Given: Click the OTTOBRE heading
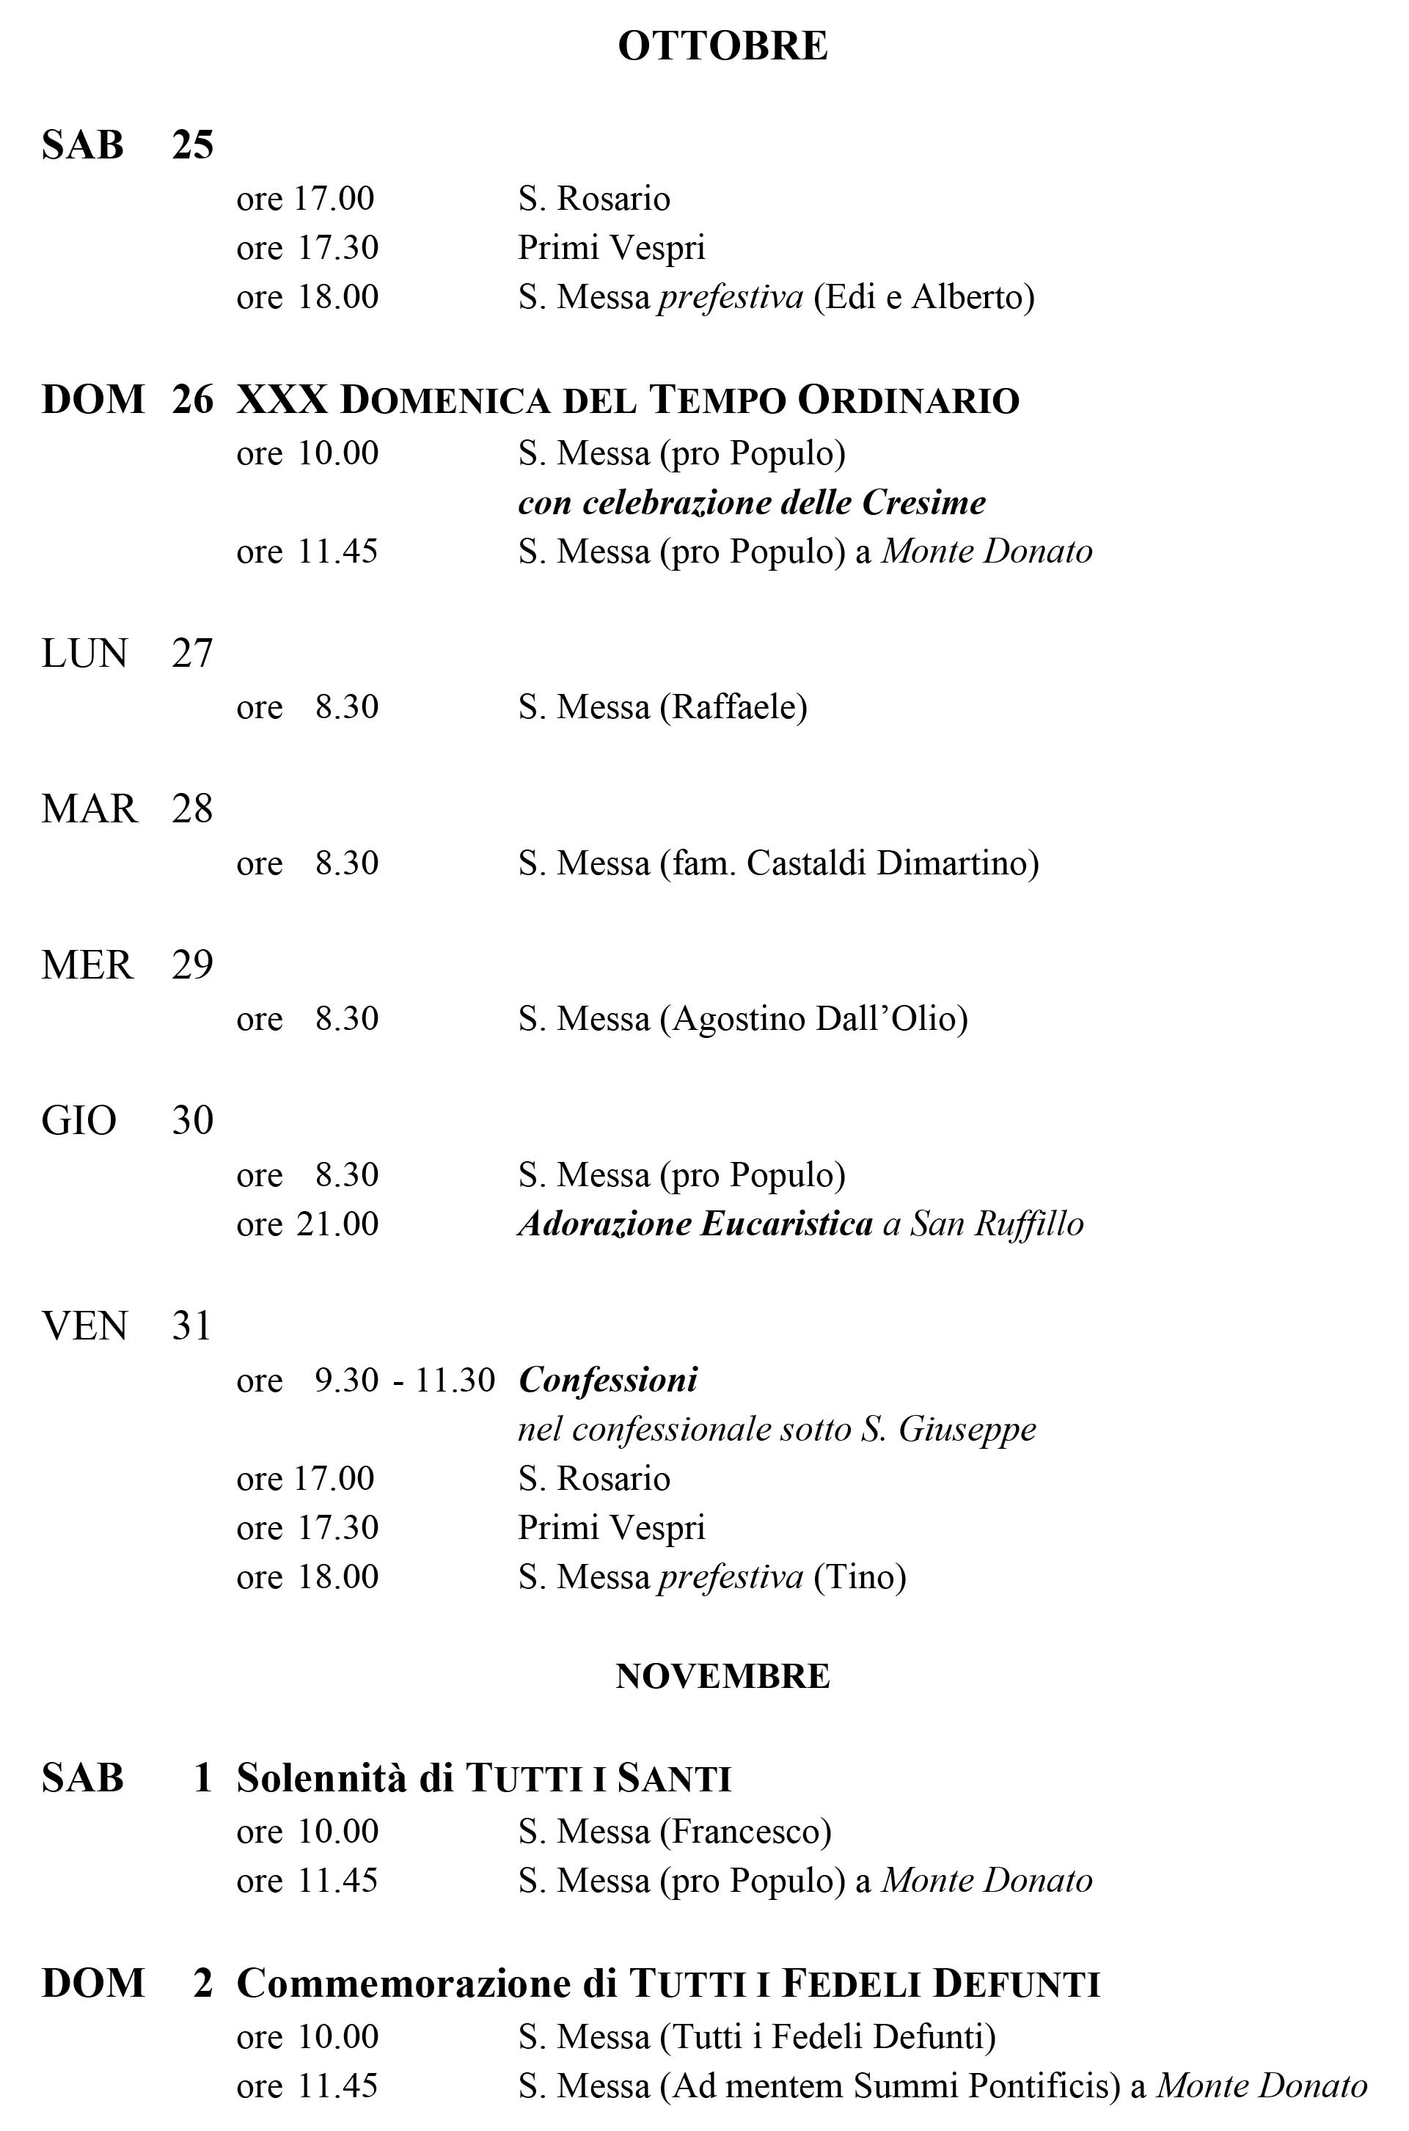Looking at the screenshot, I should [x=722, y=45].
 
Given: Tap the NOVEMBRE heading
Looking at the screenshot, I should [x=722, y=1676].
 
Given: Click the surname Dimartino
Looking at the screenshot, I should [x=955, y=863].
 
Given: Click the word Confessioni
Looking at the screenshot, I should [x=607, y=1380].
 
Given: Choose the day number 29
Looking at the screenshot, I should [x=192, y=965].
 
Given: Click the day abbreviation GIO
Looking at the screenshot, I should [x=79, y=1121].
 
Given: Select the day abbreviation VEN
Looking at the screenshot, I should [x=84, y=1326].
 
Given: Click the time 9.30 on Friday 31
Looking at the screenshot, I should [x=346, y=1381].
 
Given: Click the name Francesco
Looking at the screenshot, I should [x=746, y=1832].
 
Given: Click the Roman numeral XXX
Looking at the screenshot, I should [x=282, y=400].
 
